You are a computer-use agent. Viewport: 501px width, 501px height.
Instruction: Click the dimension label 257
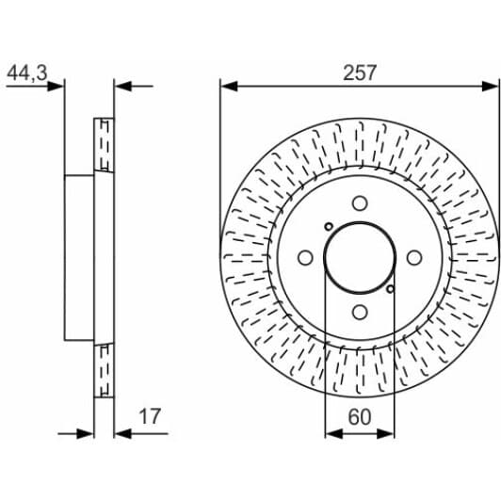pos(360,72)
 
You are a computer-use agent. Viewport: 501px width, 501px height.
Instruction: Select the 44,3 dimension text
pos(26,72)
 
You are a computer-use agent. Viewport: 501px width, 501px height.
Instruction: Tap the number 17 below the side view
pos(149,416)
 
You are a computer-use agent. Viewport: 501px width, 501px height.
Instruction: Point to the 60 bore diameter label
pos(360,416)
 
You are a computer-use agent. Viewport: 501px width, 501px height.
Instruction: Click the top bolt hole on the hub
pos(360,202)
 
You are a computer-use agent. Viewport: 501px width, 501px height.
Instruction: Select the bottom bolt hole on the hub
pos(360,313)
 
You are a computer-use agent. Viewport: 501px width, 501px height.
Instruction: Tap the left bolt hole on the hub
pos(304,258)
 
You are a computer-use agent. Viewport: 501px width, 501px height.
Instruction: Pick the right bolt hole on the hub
pos(414,258)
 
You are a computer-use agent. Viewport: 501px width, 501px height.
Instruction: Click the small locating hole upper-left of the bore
pos(328,226)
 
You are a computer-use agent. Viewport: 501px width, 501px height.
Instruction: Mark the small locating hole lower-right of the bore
pos(392,289)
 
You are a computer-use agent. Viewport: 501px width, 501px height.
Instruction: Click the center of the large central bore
pos(360,258)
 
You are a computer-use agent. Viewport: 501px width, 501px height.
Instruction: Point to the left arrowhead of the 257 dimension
pos(227,87)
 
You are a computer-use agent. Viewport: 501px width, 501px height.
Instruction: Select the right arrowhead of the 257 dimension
pos(493,87)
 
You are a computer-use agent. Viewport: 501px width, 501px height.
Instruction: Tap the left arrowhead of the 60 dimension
pos(331,433)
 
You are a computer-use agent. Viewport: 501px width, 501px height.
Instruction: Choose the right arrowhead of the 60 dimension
pos(389,433)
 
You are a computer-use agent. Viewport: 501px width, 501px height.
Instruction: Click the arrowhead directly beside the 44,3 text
pos(57,87)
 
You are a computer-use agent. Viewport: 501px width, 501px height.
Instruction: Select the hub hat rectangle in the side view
pos(79,257)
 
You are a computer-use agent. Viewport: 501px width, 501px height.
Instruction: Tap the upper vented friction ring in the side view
pos(104,145)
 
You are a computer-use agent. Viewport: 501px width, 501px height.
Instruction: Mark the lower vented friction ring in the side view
pos(104,369)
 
